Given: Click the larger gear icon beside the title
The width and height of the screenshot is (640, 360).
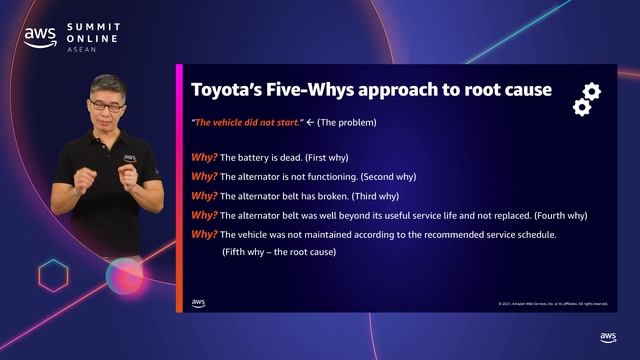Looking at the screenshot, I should (591, 91).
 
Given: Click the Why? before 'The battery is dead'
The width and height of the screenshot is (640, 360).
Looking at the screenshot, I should (204, 157).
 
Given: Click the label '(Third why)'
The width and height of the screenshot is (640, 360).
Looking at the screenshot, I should (369, 196).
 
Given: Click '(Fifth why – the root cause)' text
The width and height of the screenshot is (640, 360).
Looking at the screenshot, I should (279, 252).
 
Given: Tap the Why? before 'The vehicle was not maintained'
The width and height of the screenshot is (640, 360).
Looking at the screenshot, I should (204, 234).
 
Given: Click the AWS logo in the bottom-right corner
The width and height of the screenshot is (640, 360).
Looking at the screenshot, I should (608, 338).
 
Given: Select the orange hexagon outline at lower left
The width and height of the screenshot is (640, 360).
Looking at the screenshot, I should (52, 274).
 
